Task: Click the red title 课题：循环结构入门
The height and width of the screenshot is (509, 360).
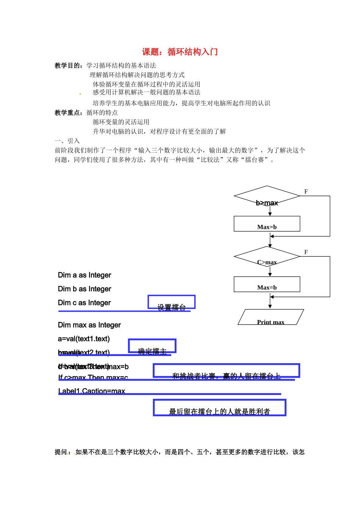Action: (180, 52)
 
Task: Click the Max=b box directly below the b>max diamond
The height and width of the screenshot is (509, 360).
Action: (267, 224)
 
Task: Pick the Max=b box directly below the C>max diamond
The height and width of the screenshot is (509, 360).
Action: (267, 284)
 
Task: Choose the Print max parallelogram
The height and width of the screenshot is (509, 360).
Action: (271, 317)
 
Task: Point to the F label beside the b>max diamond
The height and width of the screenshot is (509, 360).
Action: (306, 192)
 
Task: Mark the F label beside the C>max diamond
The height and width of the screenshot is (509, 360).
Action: (306, 252)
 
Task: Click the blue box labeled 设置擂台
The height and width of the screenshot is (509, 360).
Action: (171, 303)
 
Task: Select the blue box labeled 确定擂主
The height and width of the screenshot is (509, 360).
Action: (152, 346)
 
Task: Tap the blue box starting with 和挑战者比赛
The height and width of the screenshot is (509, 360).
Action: (226, 371)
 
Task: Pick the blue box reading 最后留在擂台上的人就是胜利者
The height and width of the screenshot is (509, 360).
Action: (219, 408)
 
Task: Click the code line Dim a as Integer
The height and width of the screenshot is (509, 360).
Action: (85, 275)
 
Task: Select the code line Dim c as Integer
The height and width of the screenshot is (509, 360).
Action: (85, 303)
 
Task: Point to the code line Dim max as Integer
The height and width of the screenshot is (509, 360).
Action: (89, 325)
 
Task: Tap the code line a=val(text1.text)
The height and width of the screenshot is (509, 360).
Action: (84, 339)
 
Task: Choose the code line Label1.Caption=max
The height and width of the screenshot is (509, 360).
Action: (92, 391)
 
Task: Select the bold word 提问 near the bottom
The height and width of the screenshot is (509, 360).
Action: (61, 452)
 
